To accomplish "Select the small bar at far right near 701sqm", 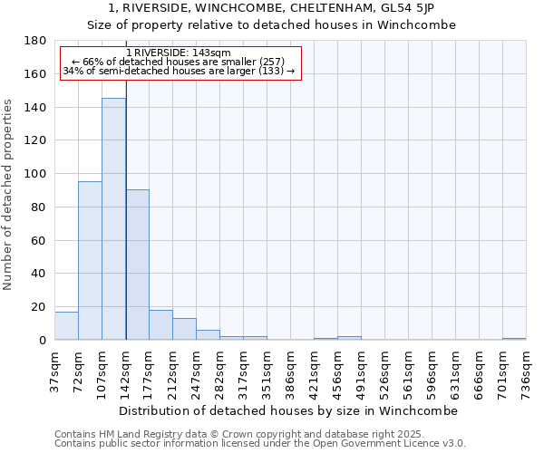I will (x=514, y=339).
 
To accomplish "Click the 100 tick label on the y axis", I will (x=36, y=174).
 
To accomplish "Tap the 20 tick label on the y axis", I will (x=40, y=307).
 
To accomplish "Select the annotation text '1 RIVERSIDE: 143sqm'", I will (x=178, y=53).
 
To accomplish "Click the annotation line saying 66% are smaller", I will (x=178, y=62).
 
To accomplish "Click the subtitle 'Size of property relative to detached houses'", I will (x=271, y=24).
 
